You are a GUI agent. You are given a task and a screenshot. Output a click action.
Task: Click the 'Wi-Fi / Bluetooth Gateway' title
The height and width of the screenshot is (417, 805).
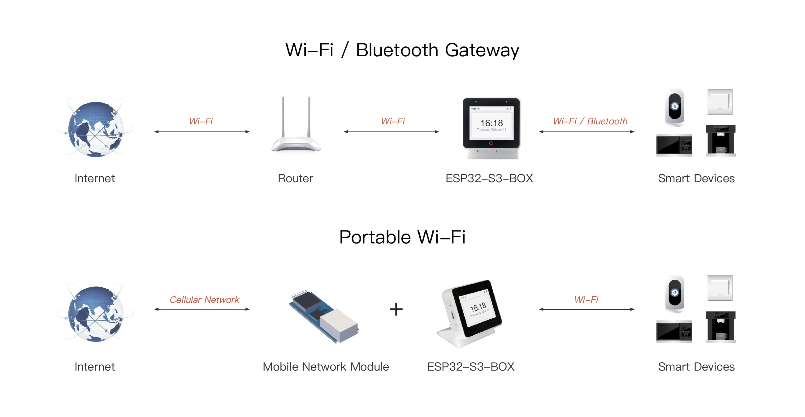point(402,50)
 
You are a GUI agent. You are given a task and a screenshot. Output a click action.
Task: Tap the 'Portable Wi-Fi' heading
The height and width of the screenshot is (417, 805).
point(402,237)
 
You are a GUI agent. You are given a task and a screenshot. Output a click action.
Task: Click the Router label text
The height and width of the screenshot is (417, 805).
point(295,178)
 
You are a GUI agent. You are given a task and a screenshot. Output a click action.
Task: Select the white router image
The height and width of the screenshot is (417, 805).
point(296,128)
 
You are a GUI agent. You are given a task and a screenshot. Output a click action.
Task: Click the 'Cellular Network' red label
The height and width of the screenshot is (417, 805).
point(204,299)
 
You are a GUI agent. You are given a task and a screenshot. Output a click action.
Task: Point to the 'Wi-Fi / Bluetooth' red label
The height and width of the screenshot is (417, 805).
point(590,121)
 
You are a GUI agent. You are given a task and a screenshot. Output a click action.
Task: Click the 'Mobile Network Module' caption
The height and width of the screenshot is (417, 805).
point(326,367)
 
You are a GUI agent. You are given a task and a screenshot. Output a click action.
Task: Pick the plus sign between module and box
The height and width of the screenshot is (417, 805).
point(396,309)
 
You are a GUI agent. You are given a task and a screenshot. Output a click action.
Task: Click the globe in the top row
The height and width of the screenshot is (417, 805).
point(95,129)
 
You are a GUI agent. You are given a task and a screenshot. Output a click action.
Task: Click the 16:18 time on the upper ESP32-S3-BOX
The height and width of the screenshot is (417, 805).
point(491,123)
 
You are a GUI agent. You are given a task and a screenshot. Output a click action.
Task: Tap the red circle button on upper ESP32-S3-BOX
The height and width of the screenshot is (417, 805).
point(491,143)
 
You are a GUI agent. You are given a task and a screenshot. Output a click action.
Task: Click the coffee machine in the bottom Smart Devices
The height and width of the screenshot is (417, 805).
point(721,326)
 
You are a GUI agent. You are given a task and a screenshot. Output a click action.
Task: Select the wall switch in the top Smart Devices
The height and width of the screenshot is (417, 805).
point(720,102)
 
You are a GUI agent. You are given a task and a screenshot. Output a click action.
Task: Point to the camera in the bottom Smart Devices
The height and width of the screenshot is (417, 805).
point(675,294)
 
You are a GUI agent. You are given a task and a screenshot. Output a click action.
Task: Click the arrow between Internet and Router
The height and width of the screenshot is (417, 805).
point(202,132)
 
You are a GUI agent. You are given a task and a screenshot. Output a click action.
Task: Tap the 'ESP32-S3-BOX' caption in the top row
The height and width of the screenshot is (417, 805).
point(489,178)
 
